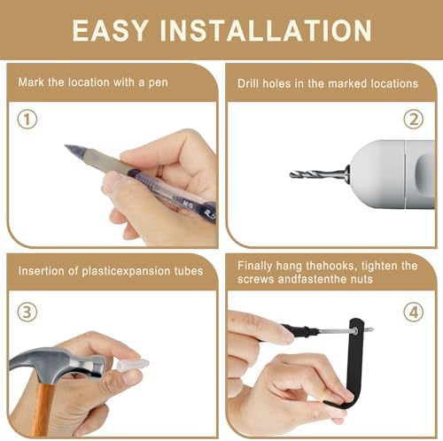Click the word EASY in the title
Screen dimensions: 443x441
[110, 30]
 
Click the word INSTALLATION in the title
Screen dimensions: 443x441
[266, 30]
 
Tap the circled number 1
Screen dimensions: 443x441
[27, 120]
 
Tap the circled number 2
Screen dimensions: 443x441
[414, 120]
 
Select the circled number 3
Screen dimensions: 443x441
[27, 312]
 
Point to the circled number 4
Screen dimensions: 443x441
[414, 312]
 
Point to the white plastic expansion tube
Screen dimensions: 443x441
[132, 365]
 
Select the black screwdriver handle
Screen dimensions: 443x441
[299, 330]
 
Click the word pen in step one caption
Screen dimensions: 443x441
[158, 83]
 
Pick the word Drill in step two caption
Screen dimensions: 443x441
[248, 83]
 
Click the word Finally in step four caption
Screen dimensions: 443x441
[254, 267]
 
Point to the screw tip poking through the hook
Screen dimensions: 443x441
[369, 329]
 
